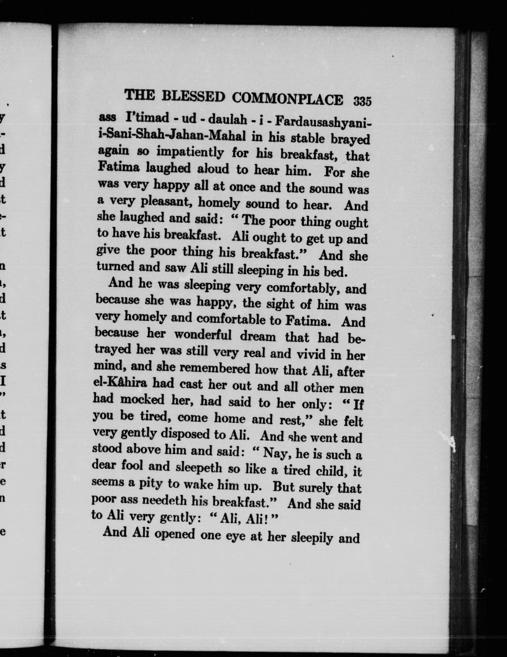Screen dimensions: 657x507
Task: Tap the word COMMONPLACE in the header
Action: tap(288, 99)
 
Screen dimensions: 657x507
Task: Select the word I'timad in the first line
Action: tap(147, 118)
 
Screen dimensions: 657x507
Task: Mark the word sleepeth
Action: tap(199, 467)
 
